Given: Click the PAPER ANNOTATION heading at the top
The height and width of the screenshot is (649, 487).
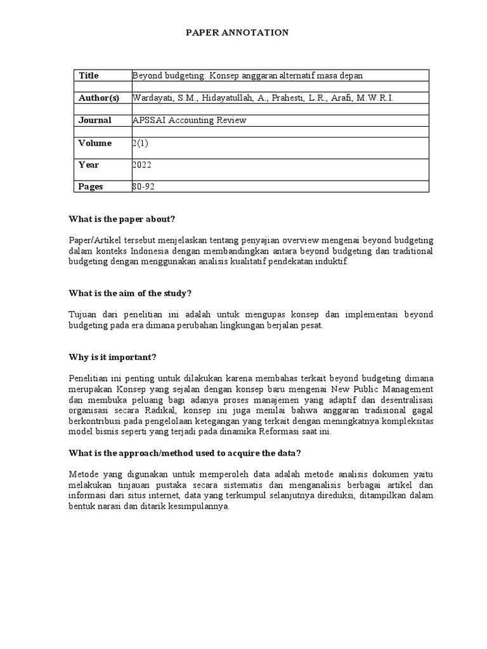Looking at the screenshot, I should click(237, 32).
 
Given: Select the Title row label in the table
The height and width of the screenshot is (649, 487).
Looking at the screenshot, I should click(89, 75).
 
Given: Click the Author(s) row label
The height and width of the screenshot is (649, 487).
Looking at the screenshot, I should click(98, 98).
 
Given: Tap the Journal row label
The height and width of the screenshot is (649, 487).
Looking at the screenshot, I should click(94, 120).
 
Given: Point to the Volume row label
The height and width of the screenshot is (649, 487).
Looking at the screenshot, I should click(94, 143).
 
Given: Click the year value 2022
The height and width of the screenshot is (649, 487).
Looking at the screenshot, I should click(142, 165).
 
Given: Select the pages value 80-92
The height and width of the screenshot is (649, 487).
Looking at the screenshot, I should click(143, 187).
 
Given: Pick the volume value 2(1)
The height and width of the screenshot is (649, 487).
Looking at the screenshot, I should click(140, 143).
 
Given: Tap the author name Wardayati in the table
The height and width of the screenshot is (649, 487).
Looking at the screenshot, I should click(152, 98).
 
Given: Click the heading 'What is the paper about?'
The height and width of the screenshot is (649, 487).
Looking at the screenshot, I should click(122, 219).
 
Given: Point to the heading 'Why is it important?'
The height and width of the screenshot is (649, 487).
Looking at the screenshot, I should click(112, 357).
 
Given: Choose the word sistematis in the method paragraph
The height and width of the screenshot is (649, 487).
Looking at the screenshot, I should click(252, 485).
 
